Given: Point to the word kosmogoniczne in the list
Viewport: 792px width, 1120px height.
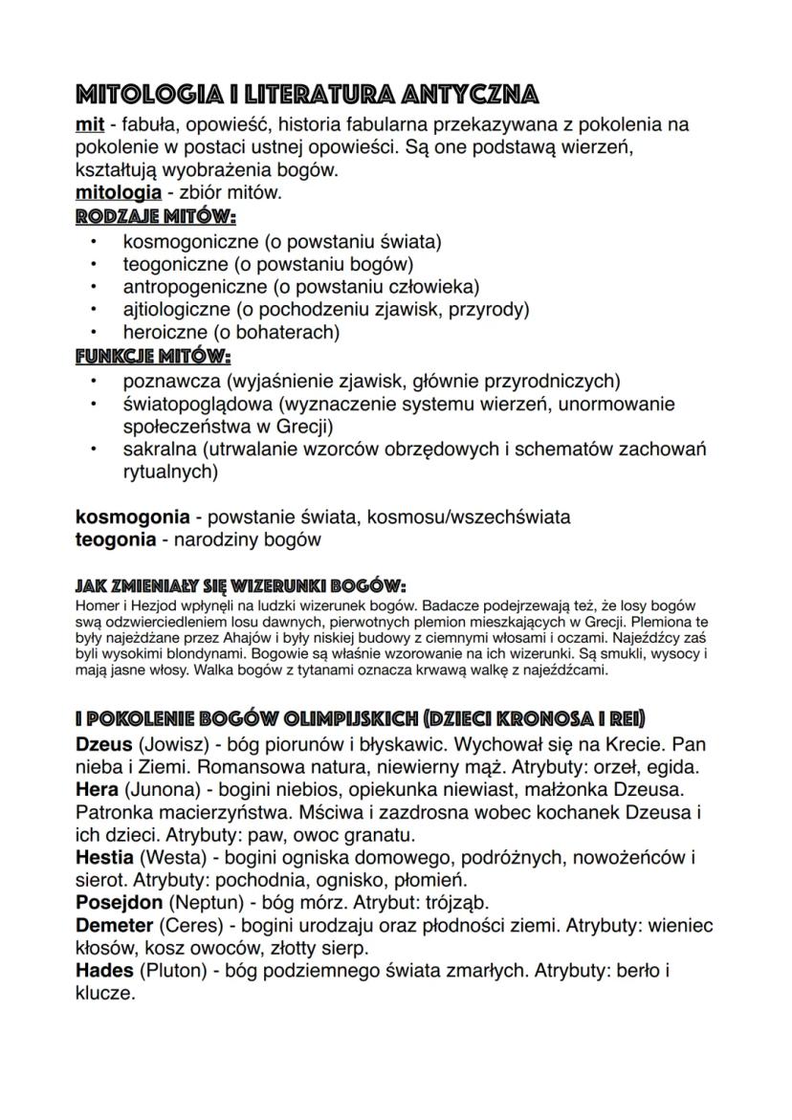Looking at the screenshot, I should coord(184,242).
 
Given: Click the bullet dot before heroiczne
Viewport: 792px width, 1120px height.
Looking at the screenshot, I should coord(94,333).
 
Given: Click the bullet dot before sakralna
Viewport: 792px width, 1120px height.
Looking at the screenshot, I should coord(94,450).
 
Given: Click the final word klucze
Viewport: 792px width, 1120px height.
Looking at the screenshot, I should coord(105,995).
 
